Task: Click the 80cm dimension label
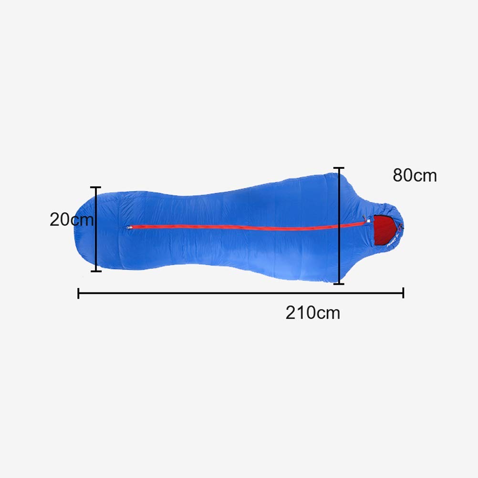click(415, 175)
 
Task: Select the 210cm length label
click(313, 312)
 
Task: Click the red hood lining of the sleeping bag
click(385, 229)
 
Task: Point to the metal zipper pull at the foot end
click(130, 227)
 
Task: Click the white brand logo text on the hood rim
click(392, 242)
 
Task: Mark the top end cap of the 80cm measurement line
click(339, 167)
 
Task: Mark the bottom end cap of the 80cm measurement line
click(339, 284)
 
